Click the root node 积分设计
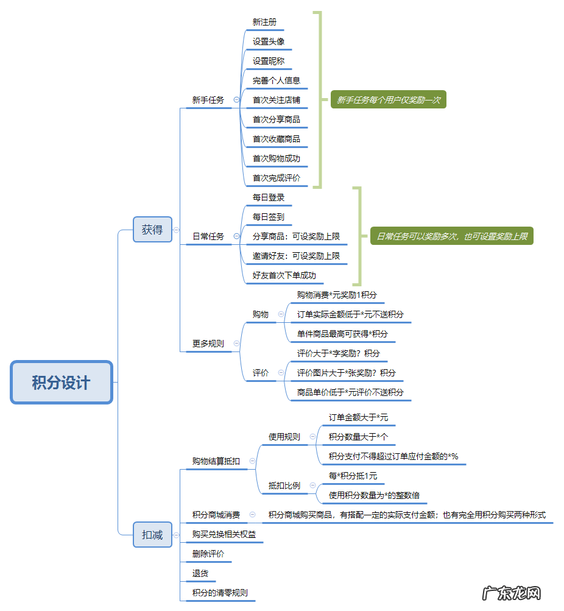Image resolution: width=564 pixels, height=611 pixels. [62, 383]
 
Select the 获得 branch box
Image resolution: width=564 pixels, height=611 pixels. [152, 230]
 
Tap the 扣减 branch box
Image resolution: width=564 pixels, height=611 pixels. [152, 535]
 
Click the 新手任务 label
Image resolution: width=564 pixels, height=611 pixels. [208, 100]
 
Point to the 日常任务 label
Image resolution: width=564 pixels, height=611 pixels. [208, 236]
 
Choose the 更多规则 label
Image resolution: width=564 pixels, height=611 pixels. [208, 344]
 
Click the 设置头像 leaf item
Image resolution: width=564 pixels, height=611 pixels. [269, 41]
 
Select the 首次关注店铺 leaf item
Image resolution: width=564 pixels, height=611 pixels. [277, 100]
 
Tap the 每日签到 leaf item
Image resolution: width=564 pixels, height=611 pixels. [269, 217]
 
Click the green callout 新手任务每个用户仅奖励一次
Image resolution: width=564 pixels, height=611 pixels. [389, 100]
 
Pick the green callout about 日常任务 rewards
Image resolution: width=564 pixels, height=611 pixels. [451, 236]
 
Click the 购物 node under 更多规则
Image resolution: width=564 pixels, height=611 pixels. [261, 314]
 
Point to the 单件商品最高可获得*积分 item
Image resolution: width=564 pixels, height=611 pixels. [342, 334]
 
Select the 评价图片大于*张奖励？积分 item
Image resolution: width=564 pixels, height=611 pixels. [346, 373]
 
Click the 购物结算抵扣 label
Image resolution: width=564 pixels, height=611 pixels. [216, 461]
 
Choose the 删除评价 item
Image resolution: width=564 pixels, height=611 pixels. [208, 554]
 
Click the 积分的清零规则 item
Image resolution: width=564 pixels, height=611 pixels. [220, 593]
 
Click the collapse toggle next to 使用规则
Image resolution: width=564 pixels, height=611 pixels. [313, 437]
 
